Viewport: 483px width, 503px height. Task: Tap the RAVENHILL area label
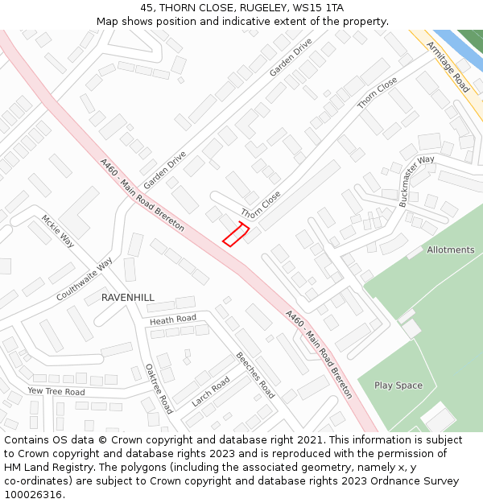[127, 298]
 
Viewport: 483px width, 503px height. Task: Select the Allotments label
[451, 249]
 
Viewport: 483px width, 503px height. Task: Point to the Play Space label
[398, 385]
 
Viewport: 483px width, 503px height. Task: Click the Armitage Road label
[448, 68]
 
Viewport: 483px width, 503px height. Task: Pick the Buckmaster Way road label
[416, 181]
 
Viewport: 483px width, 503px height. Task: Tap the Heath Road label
[173, 320]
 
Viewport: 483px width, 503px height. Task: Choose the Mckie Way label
[57, 231]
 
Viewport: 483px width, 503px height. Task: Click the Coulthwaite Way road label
[85, 279]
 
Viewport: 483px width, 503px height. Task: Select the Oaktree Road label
[159, 388]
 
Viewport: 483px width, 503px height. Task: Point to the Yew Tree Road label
[56, 392]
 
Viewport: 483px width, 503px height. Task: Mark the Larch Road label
[210, 391]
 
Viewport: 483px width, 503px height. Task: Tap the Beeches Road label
[255, 375]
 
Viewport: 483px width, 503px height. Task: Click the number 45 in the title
[147, 7]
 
